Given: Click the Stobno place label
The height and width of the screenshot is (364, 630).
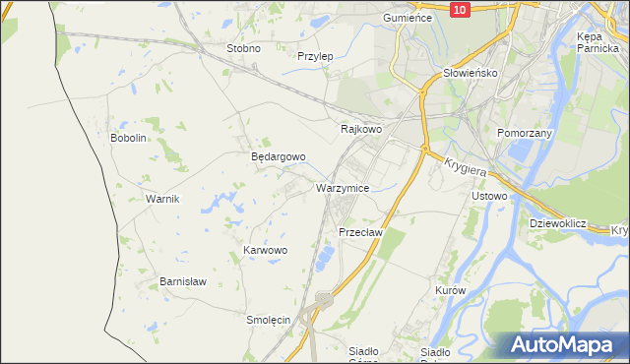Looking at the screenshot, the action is click(243, 48).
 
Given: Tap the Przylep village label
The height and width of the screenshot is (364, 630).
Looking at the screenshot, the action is click(315, 56).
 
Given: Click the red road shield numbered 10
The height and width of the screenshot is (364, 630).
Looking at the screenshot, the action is click(461, 9).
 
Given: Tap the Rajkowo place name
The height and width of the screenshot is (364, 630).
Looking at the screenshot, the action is click(360, 129).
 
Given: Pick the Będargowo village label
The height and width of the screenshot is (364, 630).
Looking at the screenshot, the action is click(278, 156).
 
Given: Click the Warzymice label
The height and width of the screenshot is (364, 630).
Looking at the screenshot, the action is click(342, 187).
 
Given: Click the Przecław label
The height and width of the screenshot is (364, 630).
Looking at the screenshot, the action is click(359, 232).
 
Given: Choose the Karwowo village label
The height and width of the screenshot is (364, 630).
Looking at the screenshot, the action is click(265, 251).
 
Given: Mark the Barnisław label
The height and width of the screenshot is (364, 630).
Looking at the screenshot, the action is click(183, 281).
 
